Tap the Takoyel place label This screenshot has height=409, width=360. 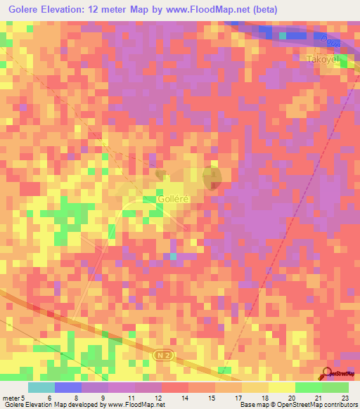tap(322, 60)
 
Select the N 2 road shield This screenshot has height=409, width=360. tap(163, 357)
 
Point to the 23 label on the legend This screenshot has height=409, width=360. tap(345, 397)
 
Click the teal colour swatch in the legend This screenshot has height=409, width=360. tap(41, 387)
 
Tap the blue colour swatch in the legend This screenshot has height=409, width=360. tap(68, 387)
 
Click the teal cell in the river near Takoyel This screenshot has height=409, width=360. tap(283, 34)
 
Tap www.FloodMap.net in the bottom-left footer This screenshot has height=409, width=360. tap(136, 405)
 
